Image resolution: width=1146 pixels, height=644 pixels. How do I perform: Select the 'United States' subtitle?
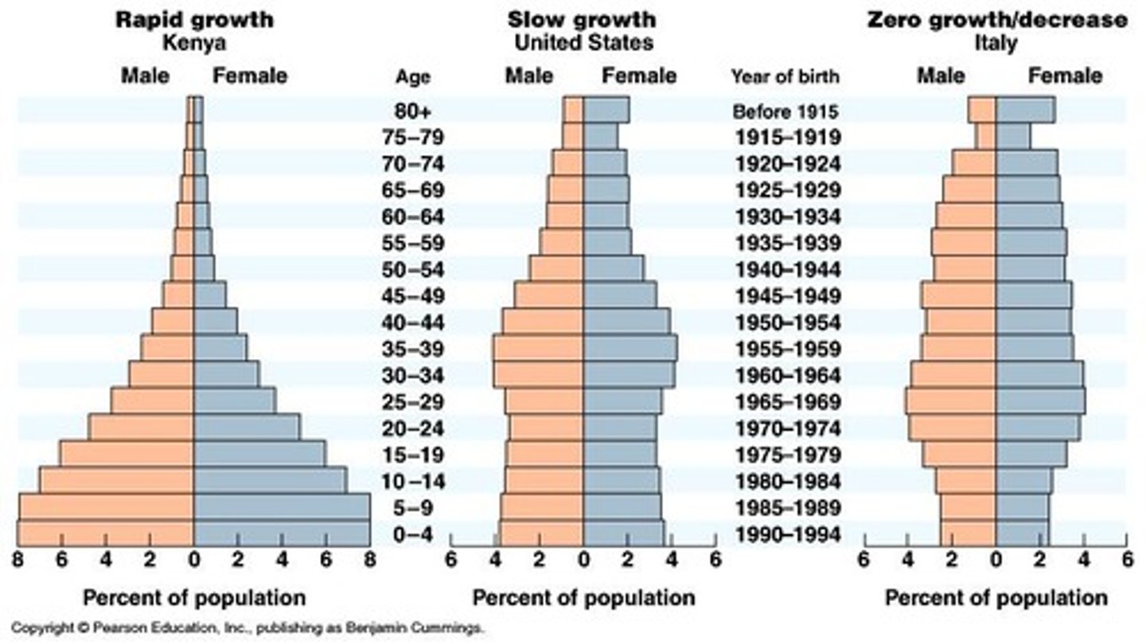pyautogui.click(x=583, y=42)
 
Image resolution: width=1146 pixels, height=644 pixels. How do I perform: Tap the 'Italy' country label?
pyautogui.click(x=996, y=43)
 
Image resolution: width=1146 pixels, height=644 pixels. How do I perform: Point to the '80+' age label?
pyautogui.click(x=412, y=111)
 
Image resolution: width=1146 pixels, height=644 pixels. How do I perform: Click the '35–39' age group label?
pyautogui.click(x=412, y=349)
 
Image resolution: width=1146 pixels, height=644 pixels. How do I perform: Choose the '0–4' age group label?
pyautogui.click(x=412, y=534)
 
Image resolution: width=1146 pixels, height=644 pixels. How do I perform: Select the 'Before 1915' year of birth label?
pyautogui.click(x=785, y=111)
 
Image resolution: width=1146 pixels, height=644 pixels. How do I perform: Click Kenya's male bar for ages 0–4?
pyautogui.click(x=106, y=533)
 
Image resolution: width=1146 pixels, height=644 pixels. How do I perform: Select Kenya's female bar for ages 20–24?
pyautogui.click(x=247, y=427)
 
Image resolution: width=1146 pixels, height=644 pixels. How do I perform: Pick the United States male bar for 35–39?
pyautogui.click(x=539, y=349)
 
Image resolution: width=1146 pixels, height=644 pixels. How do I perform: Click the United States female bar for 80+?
pyautogui.click(x=606, y=110)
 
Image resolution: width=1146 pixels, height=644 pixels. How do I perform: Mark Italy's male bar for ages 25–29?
pyautogui.click(x=951, y=401)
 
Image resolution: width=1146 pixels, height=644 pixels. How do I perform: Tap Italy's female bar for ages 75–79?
pyautogui.click(x=1012, y=136)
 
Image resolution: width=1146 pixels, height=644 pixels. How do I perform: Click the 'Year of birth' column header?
pyautogui.click(x=785, y=76)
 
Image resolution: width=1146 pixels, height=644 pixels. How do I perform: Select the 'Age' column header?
pyautogui.click(x=412, y=77)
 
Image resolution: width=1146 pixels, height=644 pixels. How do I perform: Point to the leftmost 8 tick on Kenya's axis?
pyautogui.click(x=17, y=560)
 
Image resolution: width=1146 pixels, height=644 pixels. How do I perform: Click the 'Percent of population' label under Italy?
pyautogui.click(x=996, y=597)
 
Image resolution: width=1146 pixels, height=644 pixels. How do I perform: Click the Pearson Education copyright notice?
pyautogui.click(x=247, y=628)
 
